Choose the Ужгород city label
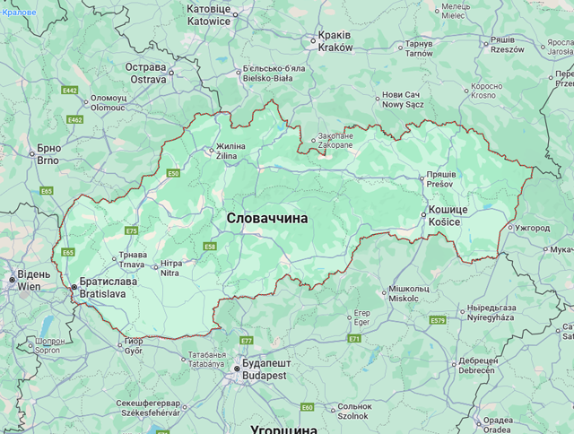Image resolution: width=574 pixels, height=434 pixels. pyautogui.click(x=532, y=228)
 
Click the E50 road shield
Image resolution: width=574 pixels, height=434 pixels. pyautogui.click(x=173, y=173)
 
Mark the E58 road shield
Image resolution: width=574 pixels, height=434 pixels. pyautogui.click(x=210, y=247)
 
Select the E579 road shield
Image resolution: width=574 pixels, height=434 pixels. pyautogui.click(x=438, y=320)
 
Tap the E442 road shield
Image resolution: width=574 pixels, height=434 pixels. pyautogui.click(x=70, y=91)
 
